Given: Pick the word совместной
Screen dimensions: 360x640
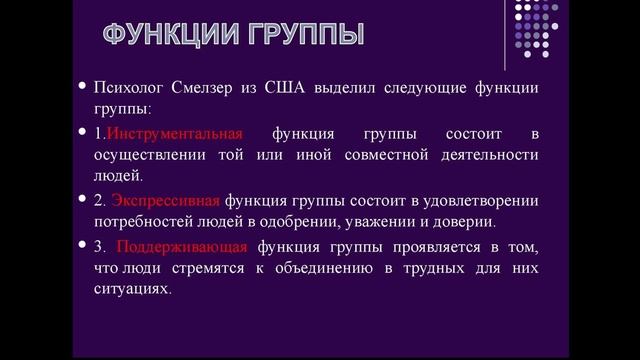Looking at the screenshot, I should [x=390, y=154].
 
